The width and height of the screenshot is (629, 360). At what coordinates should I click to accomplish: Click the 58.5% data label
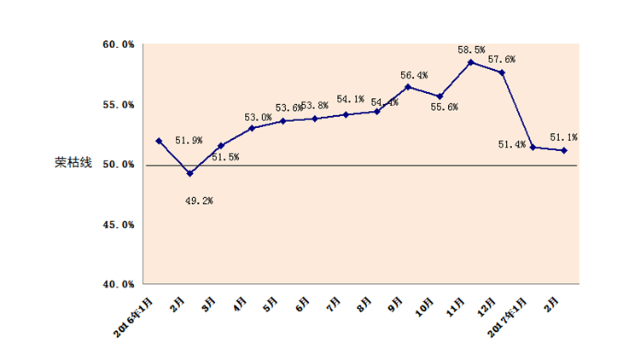coord(471,50)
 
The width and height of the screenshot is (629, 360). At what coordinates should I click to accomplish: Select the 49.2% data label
coord(199,200)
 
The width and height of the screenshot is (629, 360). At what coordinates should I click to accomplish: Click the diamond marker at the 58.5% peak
coord(470,62)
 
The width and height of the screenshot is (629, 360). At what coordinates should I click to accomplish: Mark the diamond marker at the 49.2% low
coord(189,173)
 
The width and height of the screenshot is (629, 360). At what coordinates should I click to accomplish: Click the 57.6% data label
coord(501,60)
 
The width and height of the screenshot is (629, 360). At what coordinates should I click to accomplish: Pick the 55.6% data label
coord(444,107)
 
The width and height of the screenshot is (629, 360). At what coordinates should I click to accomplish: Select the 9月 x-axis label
coord(396,303)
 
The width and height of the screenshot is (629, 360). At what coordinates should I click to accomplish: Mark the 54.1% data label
coord(351,99)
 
